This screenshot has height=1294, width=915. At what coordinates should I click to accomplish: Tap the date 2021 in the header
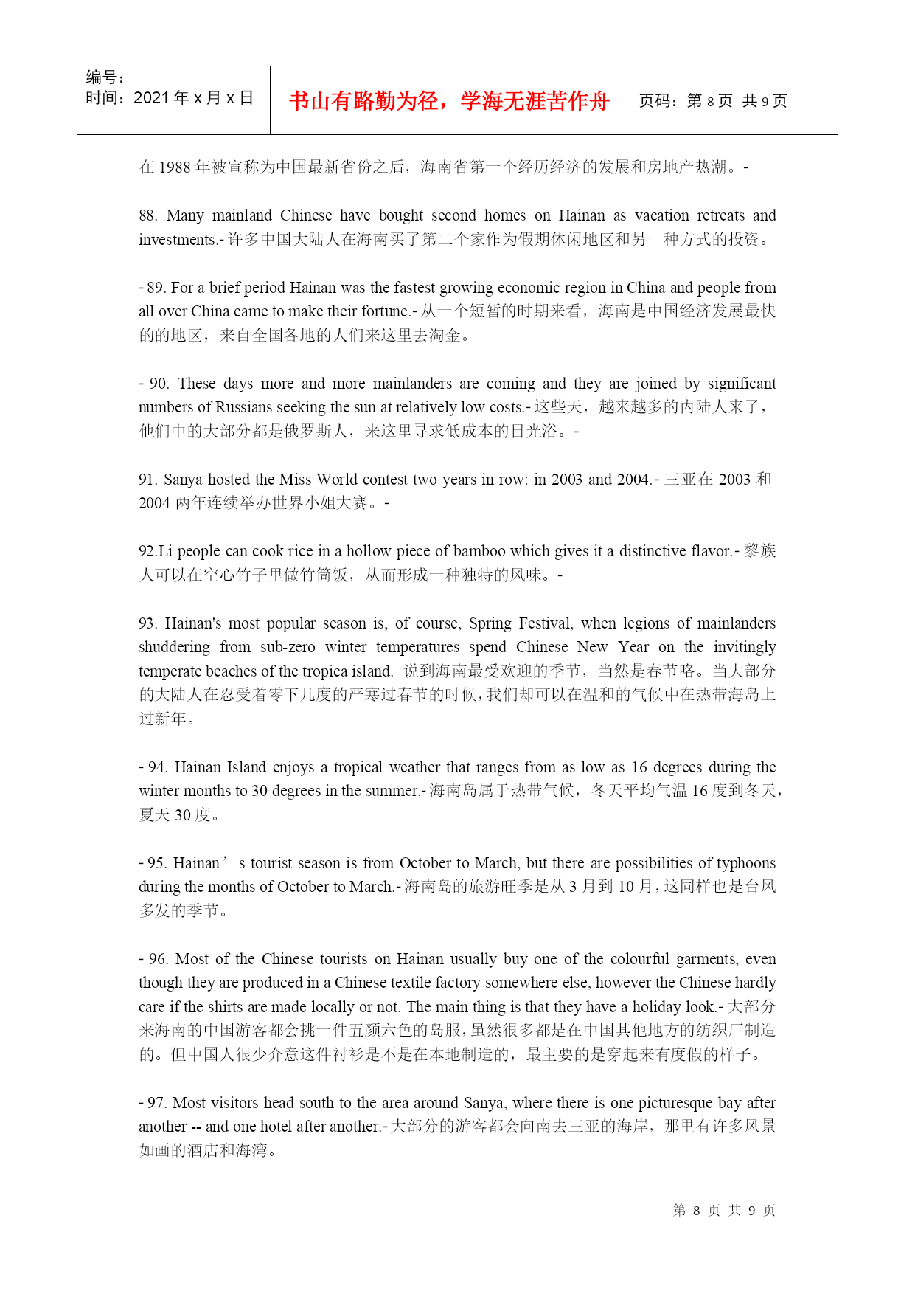click(x=151, y=98)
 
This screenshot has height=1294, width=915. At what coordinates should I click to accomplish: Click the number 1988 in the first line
click(x=175, y=167)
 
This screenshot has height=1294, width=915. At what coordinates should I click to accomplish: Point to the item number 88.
click(x=147, y=215)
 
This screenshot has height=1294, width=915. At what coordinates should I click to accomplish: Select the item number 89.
click(x=156, y=288)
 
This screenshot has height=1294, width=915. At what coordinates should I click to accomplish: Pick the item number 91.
click(x=147, y=480)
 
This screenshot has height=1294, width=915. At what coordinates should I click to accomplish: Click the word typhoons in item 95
click(x=746, y=863)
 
